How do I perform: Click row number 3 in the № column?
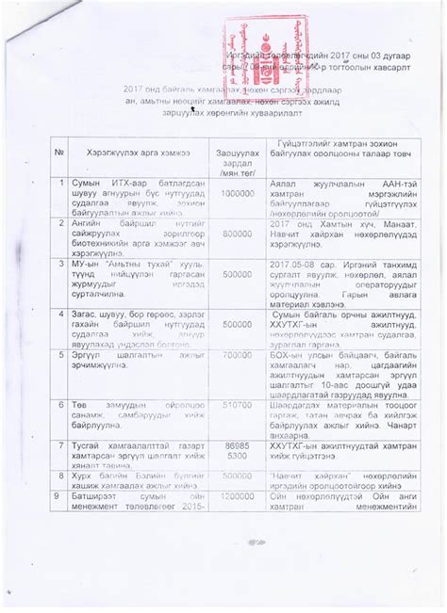(x=61, y=266)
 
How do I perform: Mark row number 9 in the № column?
(x=61, y=492)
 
